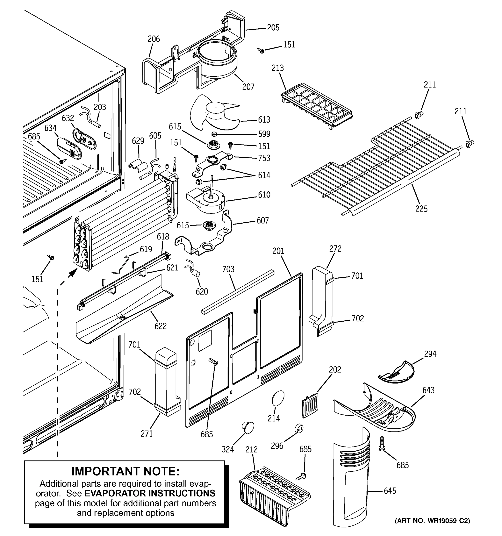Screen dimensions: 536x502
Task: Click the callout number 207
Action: point(248,87)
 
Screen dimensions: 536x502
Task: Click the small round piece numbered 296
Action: point(298,428)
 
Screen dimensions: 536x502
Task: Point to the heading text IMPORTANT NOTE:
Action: point(125,471)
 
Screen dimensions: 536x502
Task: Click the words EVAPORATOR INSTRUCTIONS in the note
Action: point(150,493)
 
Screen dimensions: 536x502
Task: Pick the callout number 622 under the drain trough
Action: point(160,326)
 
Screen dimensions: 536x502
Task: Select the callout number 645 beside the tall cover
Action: point(390,491)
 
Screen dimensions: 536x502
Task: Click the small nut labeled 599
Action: point(214,134)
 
